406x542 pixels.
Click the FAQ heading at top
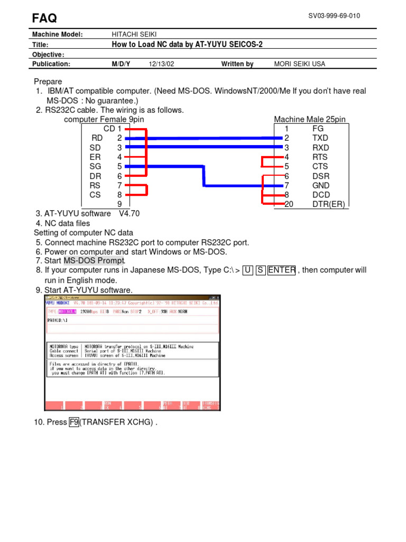click(x=45, y=18)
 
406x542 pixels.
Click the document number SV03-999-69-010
click(x=334, y=16)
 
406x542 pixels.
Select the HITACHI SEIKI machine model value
click(x=135, y=34)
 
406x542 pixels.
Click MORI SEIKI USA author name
click(x=300, y=64)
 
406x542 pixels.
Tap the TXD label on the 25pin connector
click(x=320, y=138)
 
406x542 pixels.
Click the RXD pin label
click(x=320, y=148)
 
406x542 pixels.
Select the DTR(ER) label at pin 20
click(x=328, y=204)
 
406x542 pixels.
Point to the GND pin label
click(x=321, y=186)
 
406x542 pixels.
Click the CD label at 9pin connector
click(x=109, y=129)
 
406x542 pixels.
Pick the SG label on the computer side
click(x=95, y=167)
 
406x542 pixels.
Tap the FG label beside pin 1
click(x=318, y=129)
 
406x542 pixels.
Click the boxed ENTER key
click(x=282, y=270)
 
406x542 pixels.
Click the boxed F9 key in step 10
click(x=73, y=422)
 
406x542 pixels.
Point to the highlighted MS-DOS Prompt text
click(x=94, y=260)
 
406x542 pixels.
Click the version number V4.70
click(x=130, y=214)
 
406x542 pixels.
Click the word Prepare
click(x=48, y=82)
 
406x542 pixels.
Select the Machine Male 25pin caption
click(x=310, y=120)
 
